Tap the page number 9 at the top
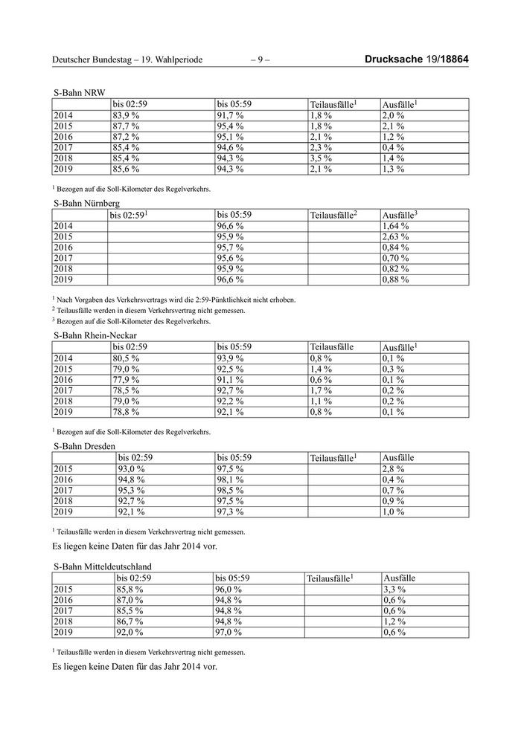click(x=260, y=59)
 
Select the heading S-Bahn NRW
click(x=80, y=92)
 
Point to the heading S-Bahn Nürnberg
click(x=86, y=202)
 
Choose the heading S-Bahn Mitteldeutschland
click(x=103, y=566)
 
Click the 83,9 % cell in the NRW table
click(x=126, y=116)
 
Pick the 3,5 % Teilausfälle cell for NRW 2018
click(x=321, y=158)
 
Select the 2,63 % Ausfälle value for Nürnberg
click(x=395, y=236)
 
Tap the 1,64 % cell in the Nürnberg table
click(x=395, y=226)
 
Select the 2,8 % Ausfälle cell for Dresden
click(x=393, y=469)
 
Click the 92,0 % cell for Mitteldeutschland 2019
click(x=129, y=632)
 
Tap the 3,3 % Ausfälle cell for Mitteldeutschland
click(x=394, y=590)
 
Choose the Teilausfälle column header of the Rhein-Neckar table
click(x=331, y=347)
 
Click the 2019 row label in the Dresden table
click(x=63, y=512)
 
